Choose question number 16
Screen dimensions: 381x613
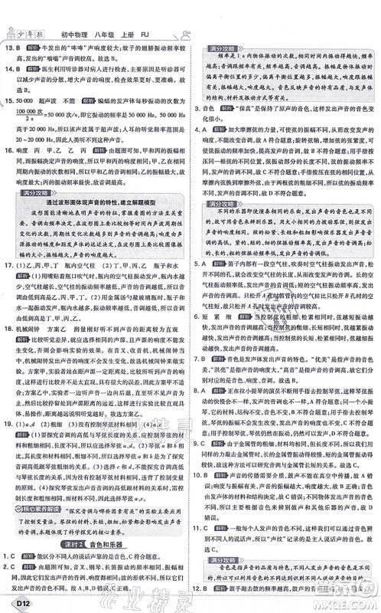pyautogui.click(x=10, y=152)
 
